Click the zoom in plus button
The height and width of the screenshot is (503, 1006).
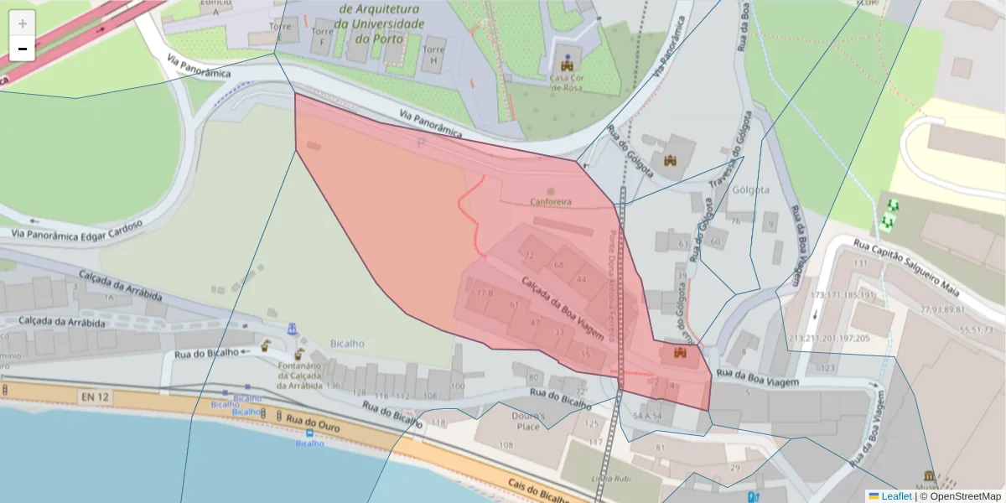click(x=23, y=23)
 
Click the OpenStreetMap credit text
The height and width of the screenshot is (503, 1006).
click(x=960, y=495)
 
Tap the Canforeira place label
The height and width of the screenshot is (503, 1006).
click(x=551, y=201)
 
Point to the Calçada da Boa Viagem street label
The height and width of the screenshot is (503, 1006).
click(x=563, y=308)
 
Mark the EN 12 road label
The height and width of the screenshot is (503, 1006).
click(x=96, y=396)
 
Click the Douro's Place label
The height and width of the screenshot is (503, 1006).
click(x=528, y=421)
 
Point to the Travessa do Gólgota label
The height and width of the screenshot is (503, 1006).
click(x=725, y=159)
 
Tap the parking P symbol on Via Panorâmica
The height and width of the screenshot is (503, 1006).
click(x=422, y=144)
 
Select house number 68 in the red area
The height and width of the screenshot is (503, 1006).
click(x=559, y=265)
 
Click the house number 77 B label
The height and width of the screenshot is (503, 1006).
click(x=484, y=293)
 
